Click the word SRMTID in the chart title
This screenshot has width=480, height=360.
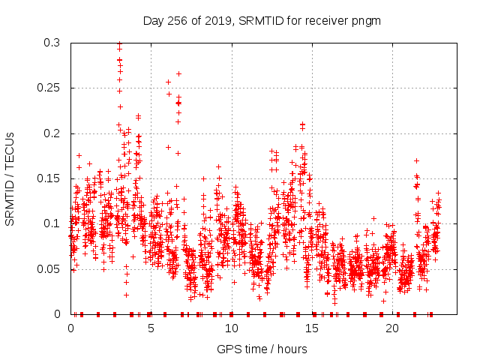[x=261, y=21]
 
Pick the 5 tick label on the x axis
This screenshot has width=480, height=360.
[x=151, y=328]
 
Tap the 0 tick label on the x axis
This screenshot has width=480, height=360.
[x=70, y=328]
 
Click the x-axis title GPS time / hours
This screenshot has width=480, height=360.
[x=261, y=349]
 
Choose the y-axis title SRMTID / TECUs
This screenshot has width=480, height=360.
[x=10, y=178]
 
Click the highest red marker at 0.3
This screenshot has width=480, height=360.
[x=119, y=43]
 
